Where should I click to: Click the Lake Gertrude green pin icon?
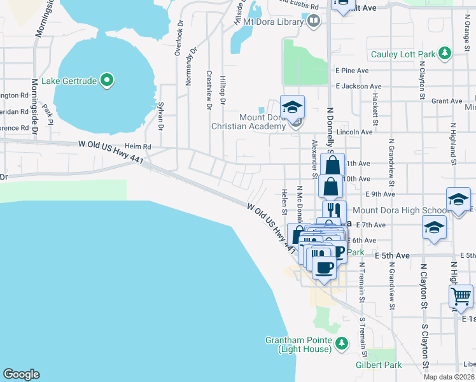(107, 81)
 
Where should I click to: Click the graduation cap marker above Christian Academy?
(293, 106)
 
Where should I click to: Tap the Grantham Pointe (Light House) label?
(298, 344)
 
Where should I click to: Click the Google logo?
(21, 374)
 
